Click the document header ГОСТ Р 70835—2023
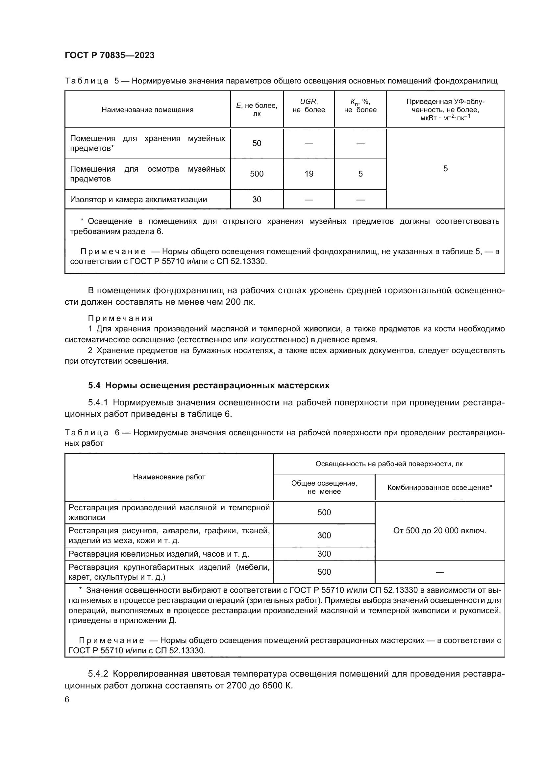pyautogui.click(x=110, y=56)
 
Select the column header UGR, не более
pyautogui.click(x=309, y=106)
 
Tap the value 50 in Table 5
pyautogui.click(x=257, y=143)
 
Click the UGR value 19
pyautogui.click(x=309, y=174)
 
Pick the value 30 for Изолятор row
pyautogui.click(x=257, y=200)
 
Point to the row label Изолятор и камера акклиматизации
pyautogui.click(x=138, y=200)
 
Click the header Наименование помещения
pyautogui.click(x=147, y=110)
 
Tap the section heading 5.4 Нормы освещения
pyautogui.click(x=209, y=386)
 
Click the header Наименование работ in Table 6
pyautogui.click(x=169, y=477)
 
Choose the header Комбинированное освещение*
pyautogui.click(x=439, y=488)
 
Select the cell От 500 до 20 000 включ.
pyautogui.click(x=439, y=531)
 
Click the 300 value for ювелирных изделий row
pyautogui.click(x=324, y=554)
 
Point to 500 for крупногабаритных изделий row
pyautogui.click(x=324, y=572)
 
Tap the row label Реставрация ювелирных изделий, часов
pyautogui.click(x=159, y=554)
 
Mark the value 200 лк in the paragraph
pyautogui.click(x=240, y=302)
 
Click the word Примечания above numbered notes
pyautogui.click(x=120, y=318)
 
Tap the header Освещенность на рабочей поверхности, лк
pyautogui.click(x=389, y=464)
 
